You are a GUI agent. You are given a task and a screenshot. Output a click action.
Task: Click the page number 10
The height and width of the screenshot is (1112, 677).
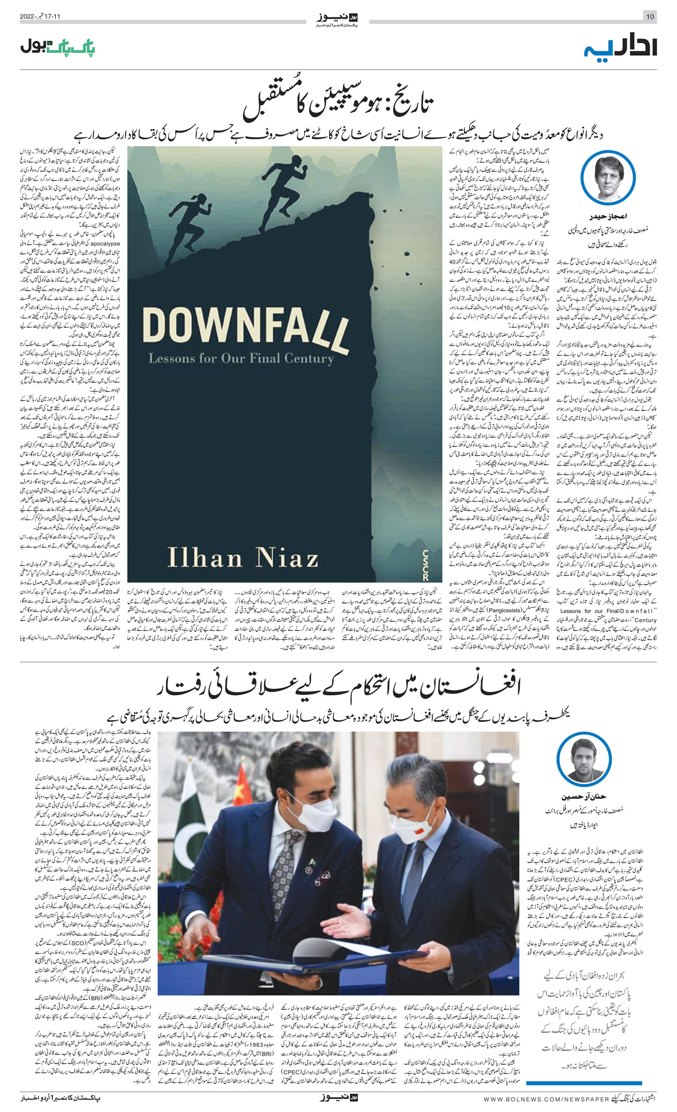point(650,17)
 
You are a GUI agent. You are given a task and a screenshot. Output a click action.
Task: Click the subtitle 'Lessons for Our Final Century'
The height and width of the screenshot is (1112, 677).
point(241,358)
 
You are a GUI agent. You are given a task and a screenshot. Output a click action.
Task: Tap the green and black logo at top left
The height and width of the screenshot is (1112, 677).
point(58,47)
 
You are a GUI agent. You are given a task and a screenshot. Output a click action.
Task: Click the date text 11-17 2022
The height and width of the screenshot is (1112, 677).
point(40,17)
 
